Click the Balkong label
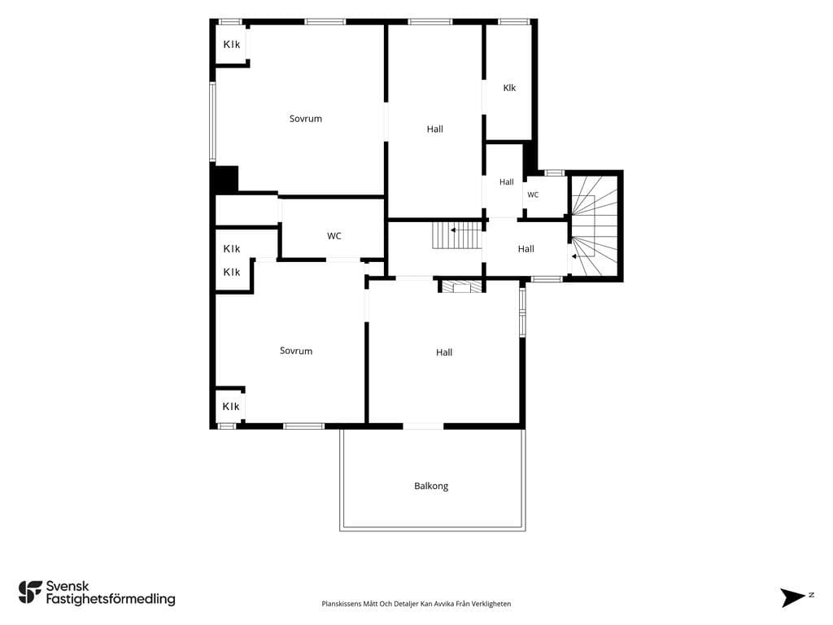431,486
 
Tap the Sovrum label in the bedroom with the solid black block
306,119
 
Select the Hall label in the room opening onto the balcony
444,352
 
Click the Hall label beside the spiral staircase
526,249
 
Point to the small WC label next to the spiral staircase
533,195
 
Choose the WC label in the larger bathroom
334,236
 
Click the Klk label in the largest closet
509,88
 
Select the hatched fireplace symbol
460,287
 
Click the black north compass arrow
792,597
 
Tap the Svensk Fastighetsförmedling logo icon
30,592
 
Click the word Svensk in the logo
68,586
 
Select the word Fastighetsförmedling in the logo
111,599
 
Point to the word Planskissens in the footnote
342,604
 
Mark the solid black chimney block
225,178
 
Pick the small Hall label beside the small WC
506,182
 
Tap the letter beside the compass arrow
811,595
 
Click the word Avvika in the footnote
444,604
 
